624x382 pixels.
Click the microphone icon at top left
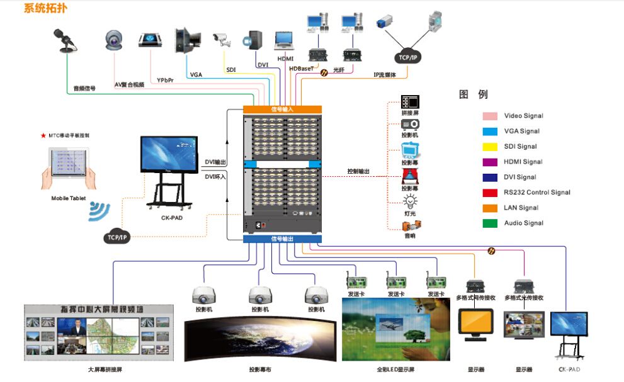click(65, 40)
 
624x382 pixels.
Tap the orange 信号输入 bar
click(282, 109)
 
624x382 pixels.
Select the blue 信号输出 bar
click(282, 239)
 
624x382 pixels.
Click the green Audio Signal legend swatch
click(491, 223)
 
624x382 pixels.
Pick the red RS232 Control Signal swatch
click(491, 192)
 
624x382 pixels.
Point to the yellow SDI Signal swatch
click(491, 146)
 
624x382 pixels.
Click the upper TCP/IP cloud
click(407, 57)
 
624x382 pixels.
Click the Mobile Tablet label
click(69, 198)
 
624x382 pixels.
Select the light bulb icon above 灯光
click(410, 201)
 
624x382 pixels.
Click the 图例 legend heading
click(474, 94)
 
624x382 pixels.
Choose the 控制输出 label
click(358, 171)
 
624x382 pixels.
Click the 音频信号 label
click(84, 89)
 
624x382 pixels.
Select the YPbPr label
click(166, 81)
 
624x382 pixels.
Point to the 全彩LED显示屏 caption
click(395, 369)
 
